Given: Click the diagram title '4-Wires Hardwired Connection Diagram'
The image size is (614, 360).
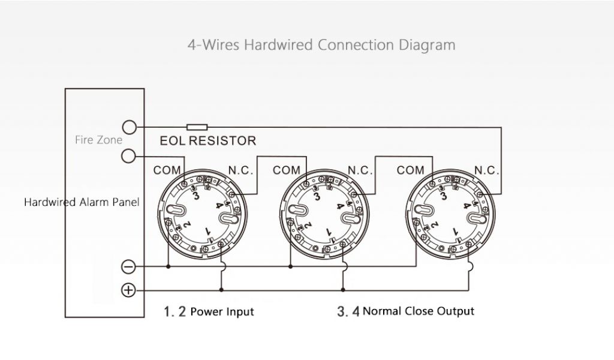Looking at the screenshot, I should click(321, 45).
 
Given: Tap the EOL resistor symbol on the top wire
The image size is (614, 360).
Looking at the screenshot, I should click(197, 127).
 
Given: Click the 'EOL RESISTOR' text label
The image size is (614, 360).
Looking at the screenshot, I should click(208, 141).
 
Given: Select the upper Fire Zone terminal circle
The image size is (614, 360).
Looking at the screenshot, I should click(129, 127).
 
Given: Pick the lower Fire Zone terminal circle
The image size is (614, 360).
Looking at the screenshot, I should click(129, 156).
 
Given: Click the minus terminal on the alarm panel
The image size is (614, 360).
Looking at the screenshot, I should click(128, 267).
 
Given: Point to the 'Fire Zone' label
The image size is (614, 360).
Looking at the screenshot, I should click(98, 140).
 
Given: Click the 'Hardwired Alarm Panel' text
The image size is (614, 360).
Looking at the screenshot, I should click(82, 202).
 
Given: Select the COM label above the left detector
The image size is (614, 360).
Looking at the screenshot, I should click(167, 170).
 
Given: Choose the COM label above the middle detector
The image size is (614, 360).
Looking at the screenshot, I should click(286, 170).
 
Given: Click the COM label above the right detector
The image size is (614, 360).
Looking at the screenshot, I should click(410, 170).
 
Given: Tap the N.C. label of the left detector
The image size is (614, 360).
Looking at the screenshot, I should click(240, 170).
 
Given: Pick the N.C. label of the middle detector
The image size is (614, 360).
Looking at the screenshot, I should click(360, 170).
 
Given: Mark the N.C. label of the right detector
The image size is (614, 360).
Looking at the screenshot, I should click(486, 170).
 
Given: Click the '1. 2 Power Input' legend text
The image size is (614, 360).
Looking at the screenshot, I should click(209, 311).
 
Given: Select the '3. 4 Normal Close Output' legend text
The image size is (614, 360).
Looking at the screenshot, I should click(405, 311).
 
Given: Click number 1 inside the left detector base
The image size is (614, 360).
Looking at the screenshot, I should click(207, 231).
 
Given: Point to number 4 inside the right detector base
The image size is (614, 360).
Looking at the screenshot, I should click(466, 205).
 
